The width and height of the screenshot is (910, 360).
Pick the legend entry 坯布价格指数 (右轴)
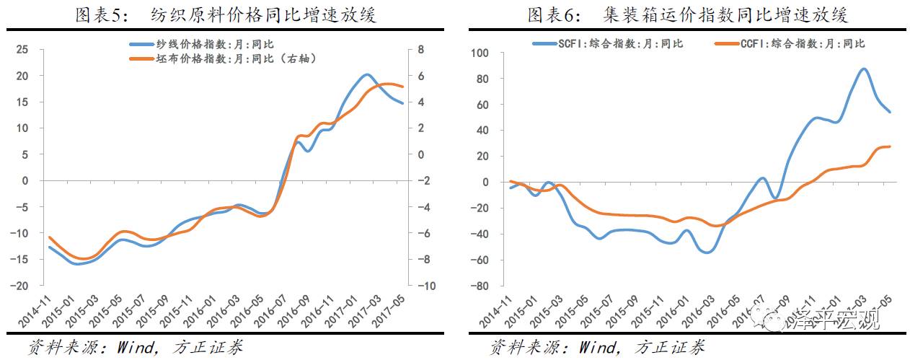[223, 58]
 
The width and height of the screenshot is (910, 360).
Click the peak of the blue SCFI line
[863, 69]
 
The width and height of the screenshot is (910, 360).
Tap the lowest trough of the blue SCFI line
[707, 252]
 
